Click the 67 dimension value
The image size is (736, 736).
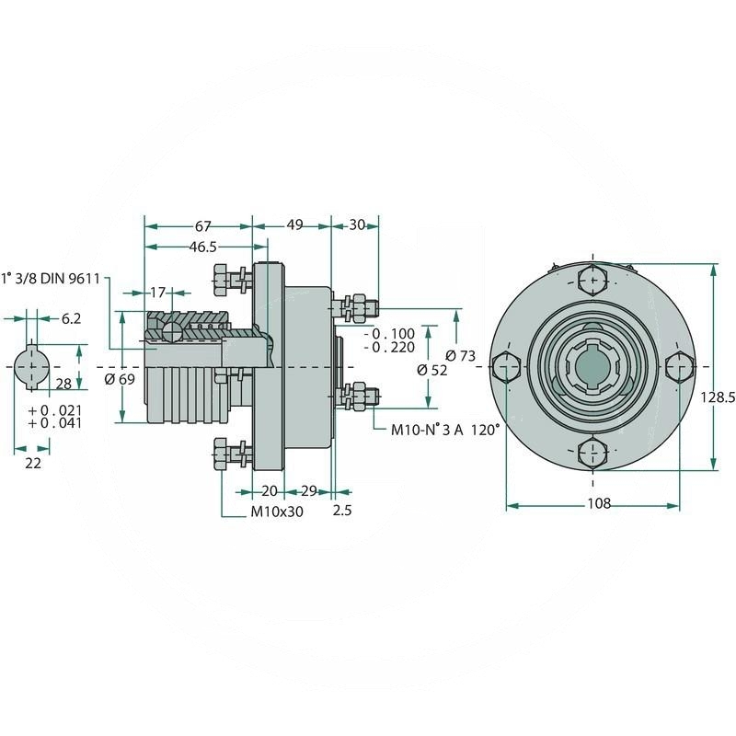(203, 226)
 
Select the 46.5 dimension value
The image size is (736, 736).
(203, 247)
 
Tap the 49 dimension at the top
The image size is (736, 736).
(294, 226)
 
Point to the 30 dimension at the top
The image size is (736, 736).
(357, 226)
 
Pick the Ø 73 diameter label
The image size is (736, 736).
(459, 355)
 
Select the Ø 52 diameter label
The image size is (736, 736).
(431, 370)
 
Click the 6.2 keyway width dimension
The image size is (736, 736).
(72, 318)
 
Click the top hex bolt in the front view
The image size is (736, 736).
(592, 278)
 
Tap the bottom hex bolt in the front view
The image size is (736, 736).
(592, 454)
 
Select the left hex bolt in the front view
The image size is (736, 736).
(506, 366)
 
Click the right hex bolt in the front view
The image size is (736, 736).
(678, 366)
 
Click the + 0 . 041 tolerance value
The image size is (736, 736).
(55, 423)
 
